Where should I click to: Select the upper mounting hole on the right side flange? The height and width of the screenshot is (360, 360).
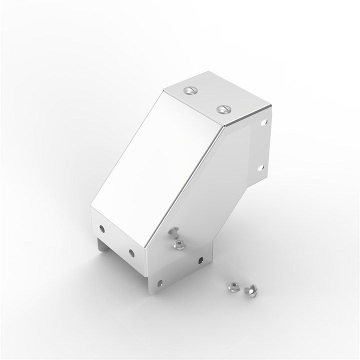click(264, 121)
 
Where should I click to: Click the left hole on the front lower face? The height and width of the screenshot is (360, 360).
click(102, 228)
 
